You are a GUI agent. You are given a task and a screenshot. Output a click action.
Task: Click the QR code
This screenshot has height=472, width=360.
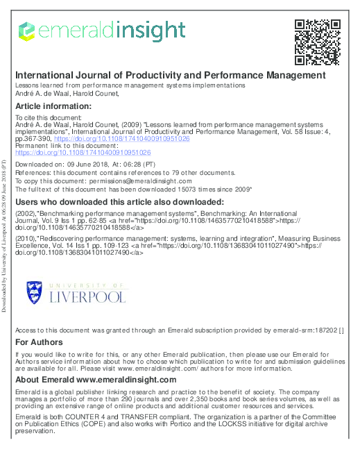click(x=317, y=41)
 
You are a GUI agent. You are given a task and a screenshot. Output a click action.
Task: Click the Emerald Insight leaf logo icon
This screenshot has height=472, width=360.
click(x=25, y=31)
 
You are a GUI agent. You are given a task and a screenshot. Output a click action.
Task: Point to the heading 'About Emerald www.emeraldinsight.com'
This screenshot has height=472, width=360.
click(x=96, y=380)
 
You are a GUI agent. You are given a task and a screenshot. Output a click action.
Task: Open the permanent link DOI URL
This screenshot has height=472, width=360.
click(x=83, y=151)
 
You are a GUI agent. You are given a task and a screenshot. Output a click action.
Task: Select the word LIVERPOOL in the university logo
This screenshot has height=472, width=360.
click(x=88, y=316)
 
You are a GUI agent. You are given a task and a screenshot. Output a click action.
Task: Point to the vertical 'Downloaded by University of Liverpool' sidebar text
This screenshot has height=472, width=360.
click(x=6, y=236)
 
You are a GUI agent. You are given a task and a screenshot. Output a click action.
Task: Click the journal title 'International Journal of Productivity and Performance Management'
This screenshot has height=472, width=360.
click(x=170, y=75)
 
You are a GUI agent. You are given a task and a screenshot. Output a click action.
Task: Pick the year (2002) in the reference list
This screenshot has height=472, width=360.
click(x=26, y=211)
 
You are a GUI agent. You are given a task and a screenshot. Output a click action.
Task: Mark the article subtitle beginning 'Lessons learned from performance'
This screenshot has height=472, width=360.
click(x=130, y=85)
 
